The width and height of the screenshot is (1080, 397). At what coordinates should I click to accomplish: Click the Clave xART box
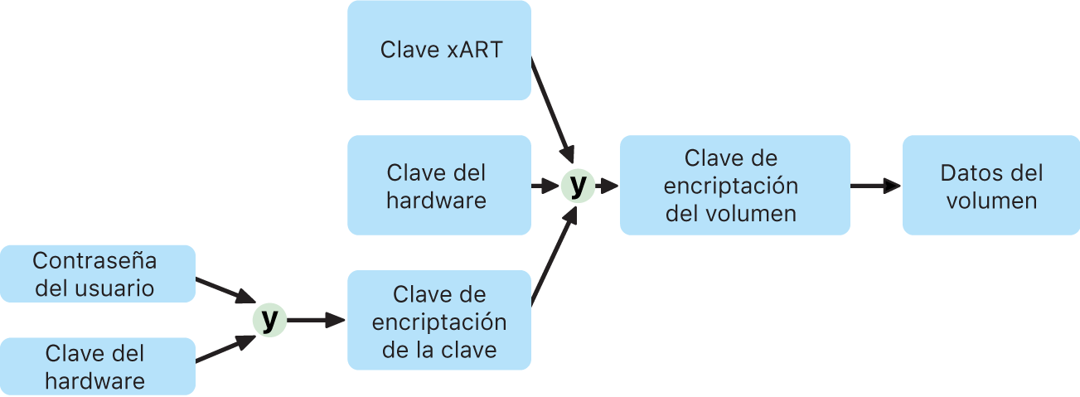[438, 50]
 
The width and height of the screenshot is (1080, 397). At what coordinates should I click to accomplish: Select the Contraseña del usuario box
[97, 274]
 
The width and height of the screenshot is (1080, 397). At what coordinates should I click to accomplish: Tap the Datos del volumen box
[991, 186]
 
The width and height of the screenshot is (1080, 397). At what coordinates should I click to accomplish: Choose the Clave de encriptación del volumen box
[734, 186]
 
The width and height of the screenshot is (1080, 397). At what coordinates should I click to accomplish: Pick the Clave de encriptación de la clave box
[438, 321]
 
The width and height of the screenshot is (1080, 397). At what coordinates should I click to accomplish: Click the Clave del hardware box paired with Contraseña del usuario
[97, 367]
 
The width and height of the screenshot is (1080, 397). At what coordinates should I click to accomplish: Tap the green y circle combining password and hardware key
[269, 320]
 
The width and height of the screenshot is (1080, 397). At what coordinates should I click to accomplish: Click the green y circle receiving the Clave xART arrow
[578, 185]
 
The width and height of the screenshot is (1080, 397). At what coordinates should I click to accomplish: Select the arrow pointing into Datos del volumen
[875, 186]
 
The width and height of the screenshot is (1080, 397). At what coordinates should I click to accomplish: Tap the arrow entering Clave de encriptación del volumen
[608, 186]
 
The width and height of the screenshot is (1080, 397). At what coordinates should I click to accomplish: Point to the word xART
[474, 50]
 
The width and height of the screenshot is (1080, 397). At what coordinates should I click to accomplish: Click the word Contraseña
[94, 261]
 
